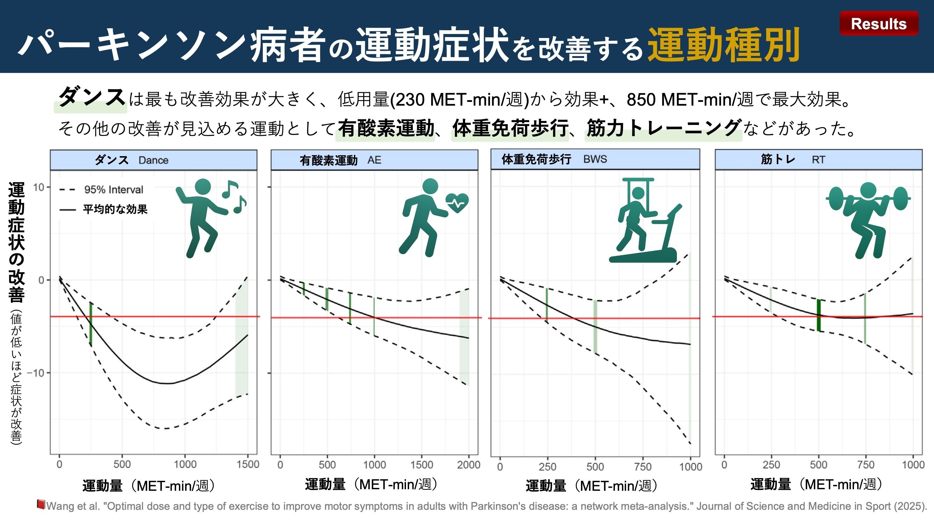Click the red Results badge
[x=879, y=24]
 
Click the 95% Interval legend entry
[x=101, y=189]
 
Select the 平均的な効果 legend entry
[x=103, y=209]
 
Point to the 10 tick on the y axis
[x=38, y=187]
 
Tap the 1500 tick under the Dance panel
[x=248, y=464]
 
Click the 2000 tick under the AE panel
[x=469, y=465]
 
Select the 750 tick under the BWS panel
[x=643, y=466]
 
